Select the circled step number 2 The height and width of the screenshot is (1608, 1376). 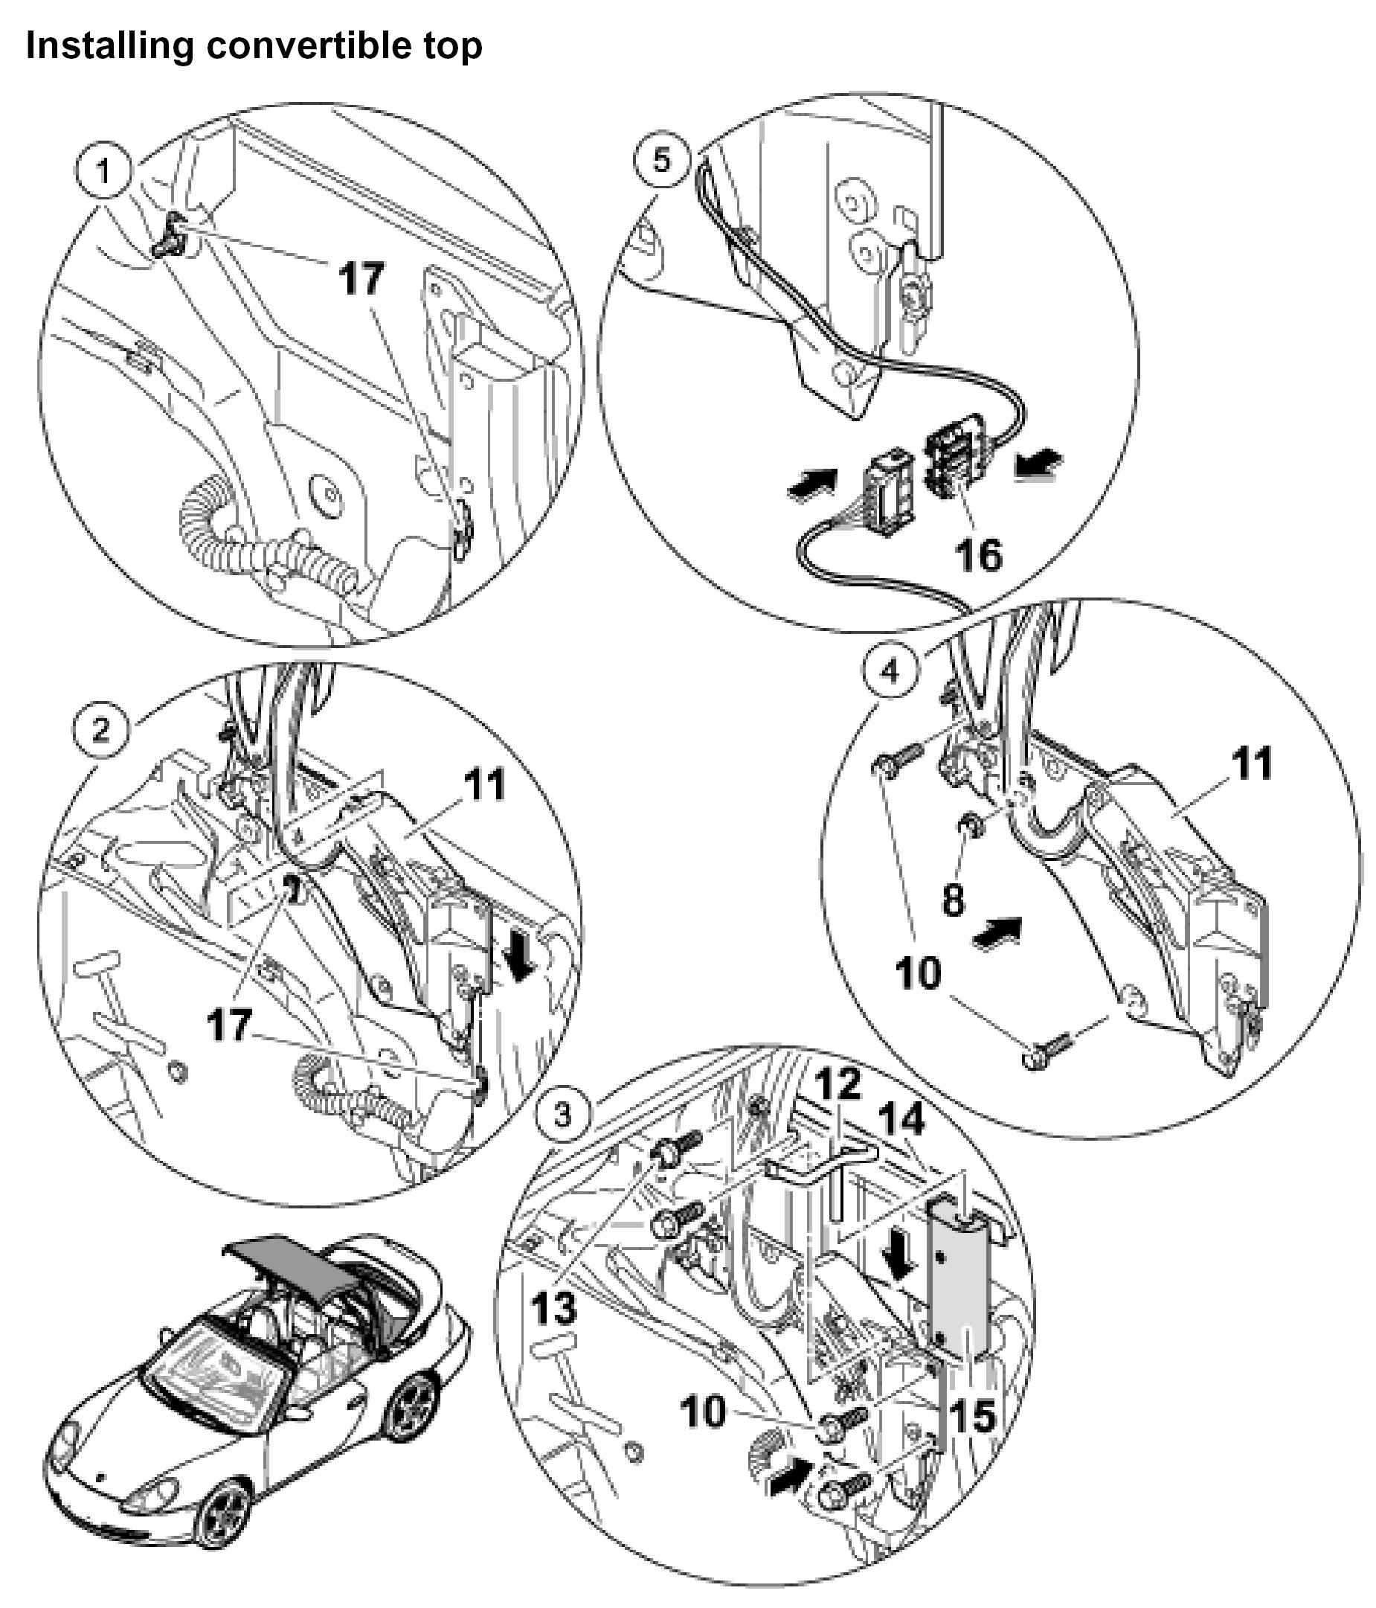click(101, 729)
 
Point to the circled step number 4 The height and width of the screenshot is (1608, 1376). click(890, 670)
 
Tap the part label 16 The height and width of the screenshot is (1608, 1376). click(978, 555)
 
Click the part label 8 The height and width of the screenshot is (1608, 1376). click(954, 900)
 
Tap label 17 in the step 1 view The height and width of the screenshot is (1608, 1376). click(361, 278)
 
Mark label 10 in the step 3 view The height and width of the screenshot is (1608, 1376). click(703, 1411)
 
